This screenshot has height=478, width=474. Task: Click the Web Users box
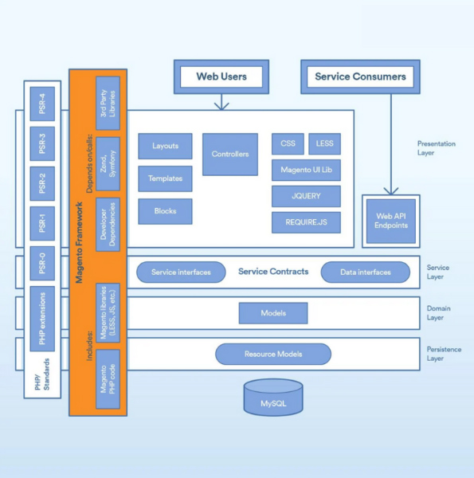pos(221,77)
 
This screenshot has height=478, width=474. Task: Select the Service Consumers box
pos(360,77)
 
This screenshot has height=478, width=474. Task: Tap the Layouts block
pos(165,147)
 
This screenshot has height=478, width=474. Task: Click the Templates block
pos(165,178)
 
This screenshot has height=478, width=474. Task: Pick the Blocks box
pos(165,211)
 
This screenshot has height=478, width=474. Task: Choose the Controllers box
pos(230,154)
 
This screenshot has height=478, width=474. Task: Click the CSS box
pos(288,143)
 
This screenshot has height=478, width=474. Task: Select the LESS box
pos(324,143)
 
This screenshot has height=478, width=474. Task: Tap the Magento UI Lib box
pos(306,170)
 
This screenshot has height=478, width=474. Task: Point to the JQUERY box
pos(306,196)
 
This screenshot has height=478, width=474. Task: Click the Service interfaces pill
pos(181,272)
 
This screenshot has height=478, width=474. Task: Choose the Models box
pos(273,313)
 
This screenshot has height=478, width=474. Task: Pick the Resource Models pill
pos(273,354)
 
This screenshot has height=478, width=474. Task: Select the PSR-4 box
pos(41,104)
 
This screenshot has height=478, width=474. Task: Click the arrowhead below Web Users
pos(221,105)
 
